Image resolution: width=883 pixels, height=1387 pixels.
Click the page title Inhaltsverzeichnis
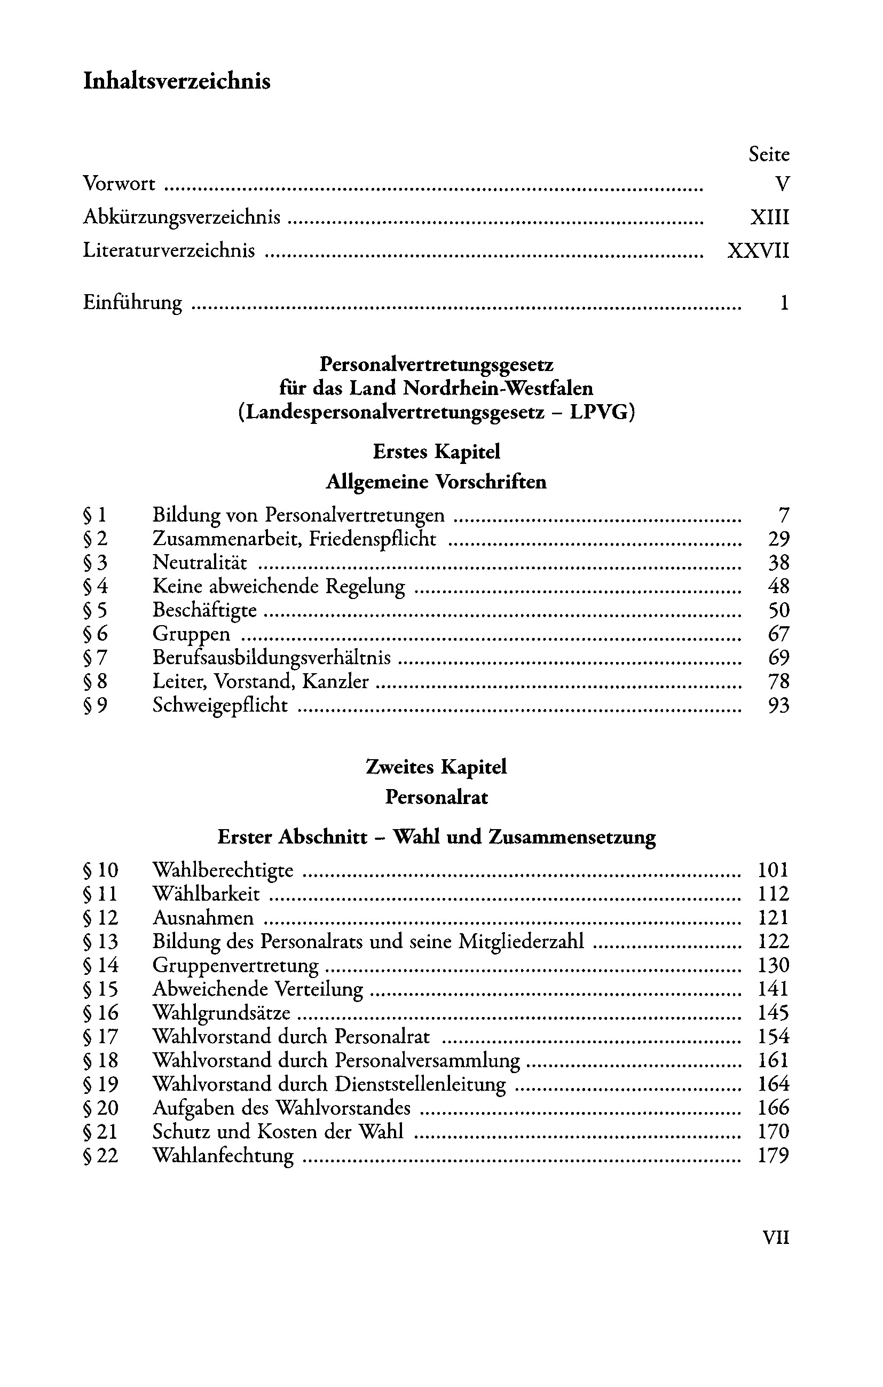click(x=177, y=81)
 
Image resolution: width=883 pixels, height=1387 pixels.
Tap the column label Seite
click(x=768, y=154)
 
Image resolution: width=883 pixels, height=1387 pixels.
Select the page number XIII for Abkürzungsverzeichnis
click(x=769, y=217)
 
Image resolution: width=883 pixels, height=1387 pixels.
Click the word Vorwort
click(x=119, y=184)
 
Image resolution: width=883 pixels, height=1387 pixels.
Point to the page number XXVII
click(x=758, y=250)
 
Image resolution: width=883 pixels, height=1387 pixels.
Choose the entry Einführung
click(x=132, y=302)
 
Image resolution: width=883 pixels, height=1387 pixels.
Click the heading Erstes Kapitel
click(x=436, y=451)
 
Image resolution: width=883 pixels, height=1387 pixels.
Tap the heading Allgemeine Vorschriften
click(x=436, y=481)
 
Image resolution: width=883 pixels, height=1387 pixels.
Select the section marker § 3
click(x=95, y=562)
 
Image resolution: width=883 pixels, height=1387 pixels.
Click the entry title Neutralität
click(x=199, y=562)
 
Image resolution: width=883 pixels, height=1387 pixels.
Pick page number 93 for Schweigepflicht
click(x=778, y=705)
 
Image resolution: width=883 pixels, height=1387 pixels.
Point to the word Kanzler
click(x=335, y=681)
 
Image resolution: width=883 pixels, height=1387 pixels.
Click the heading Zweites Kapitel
click(x=436, y=767)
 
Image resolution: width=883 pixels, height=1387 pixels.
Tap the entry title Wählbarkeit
click(x=206, y=894)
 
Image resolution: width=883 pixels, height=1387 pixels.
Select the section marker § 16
click(x=100, y=1013)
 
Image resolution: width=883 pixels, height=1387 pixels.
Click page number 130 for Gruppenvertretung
click(x=773, y=965)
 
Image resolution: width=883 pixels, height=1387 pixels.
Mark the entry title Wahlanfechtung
click(x=223, y=1155)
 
